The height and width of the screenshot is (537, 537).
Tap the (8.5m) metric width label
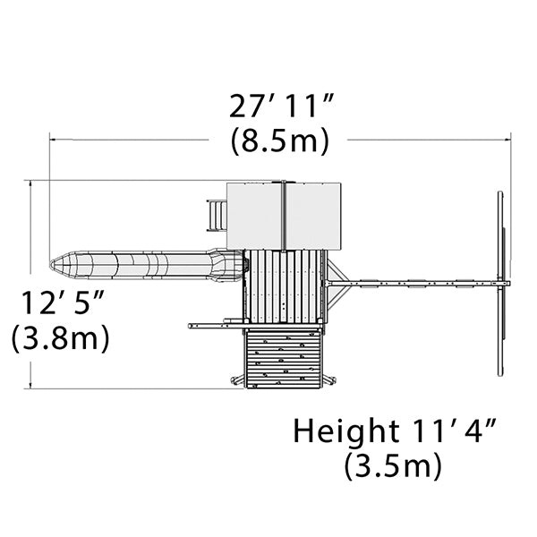point(280,141)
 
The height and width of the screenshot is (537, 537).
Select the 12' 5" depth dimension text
point(63,303)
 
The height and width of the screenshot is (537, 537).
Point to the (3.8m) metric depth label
point(60,338)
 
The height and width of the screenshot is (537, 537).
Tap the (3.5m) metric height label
point(393,466)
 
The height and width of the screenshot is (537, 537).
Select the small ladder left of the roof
point(217,216)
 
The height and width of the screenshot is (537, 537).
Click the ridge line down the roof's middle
point(284,216)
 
